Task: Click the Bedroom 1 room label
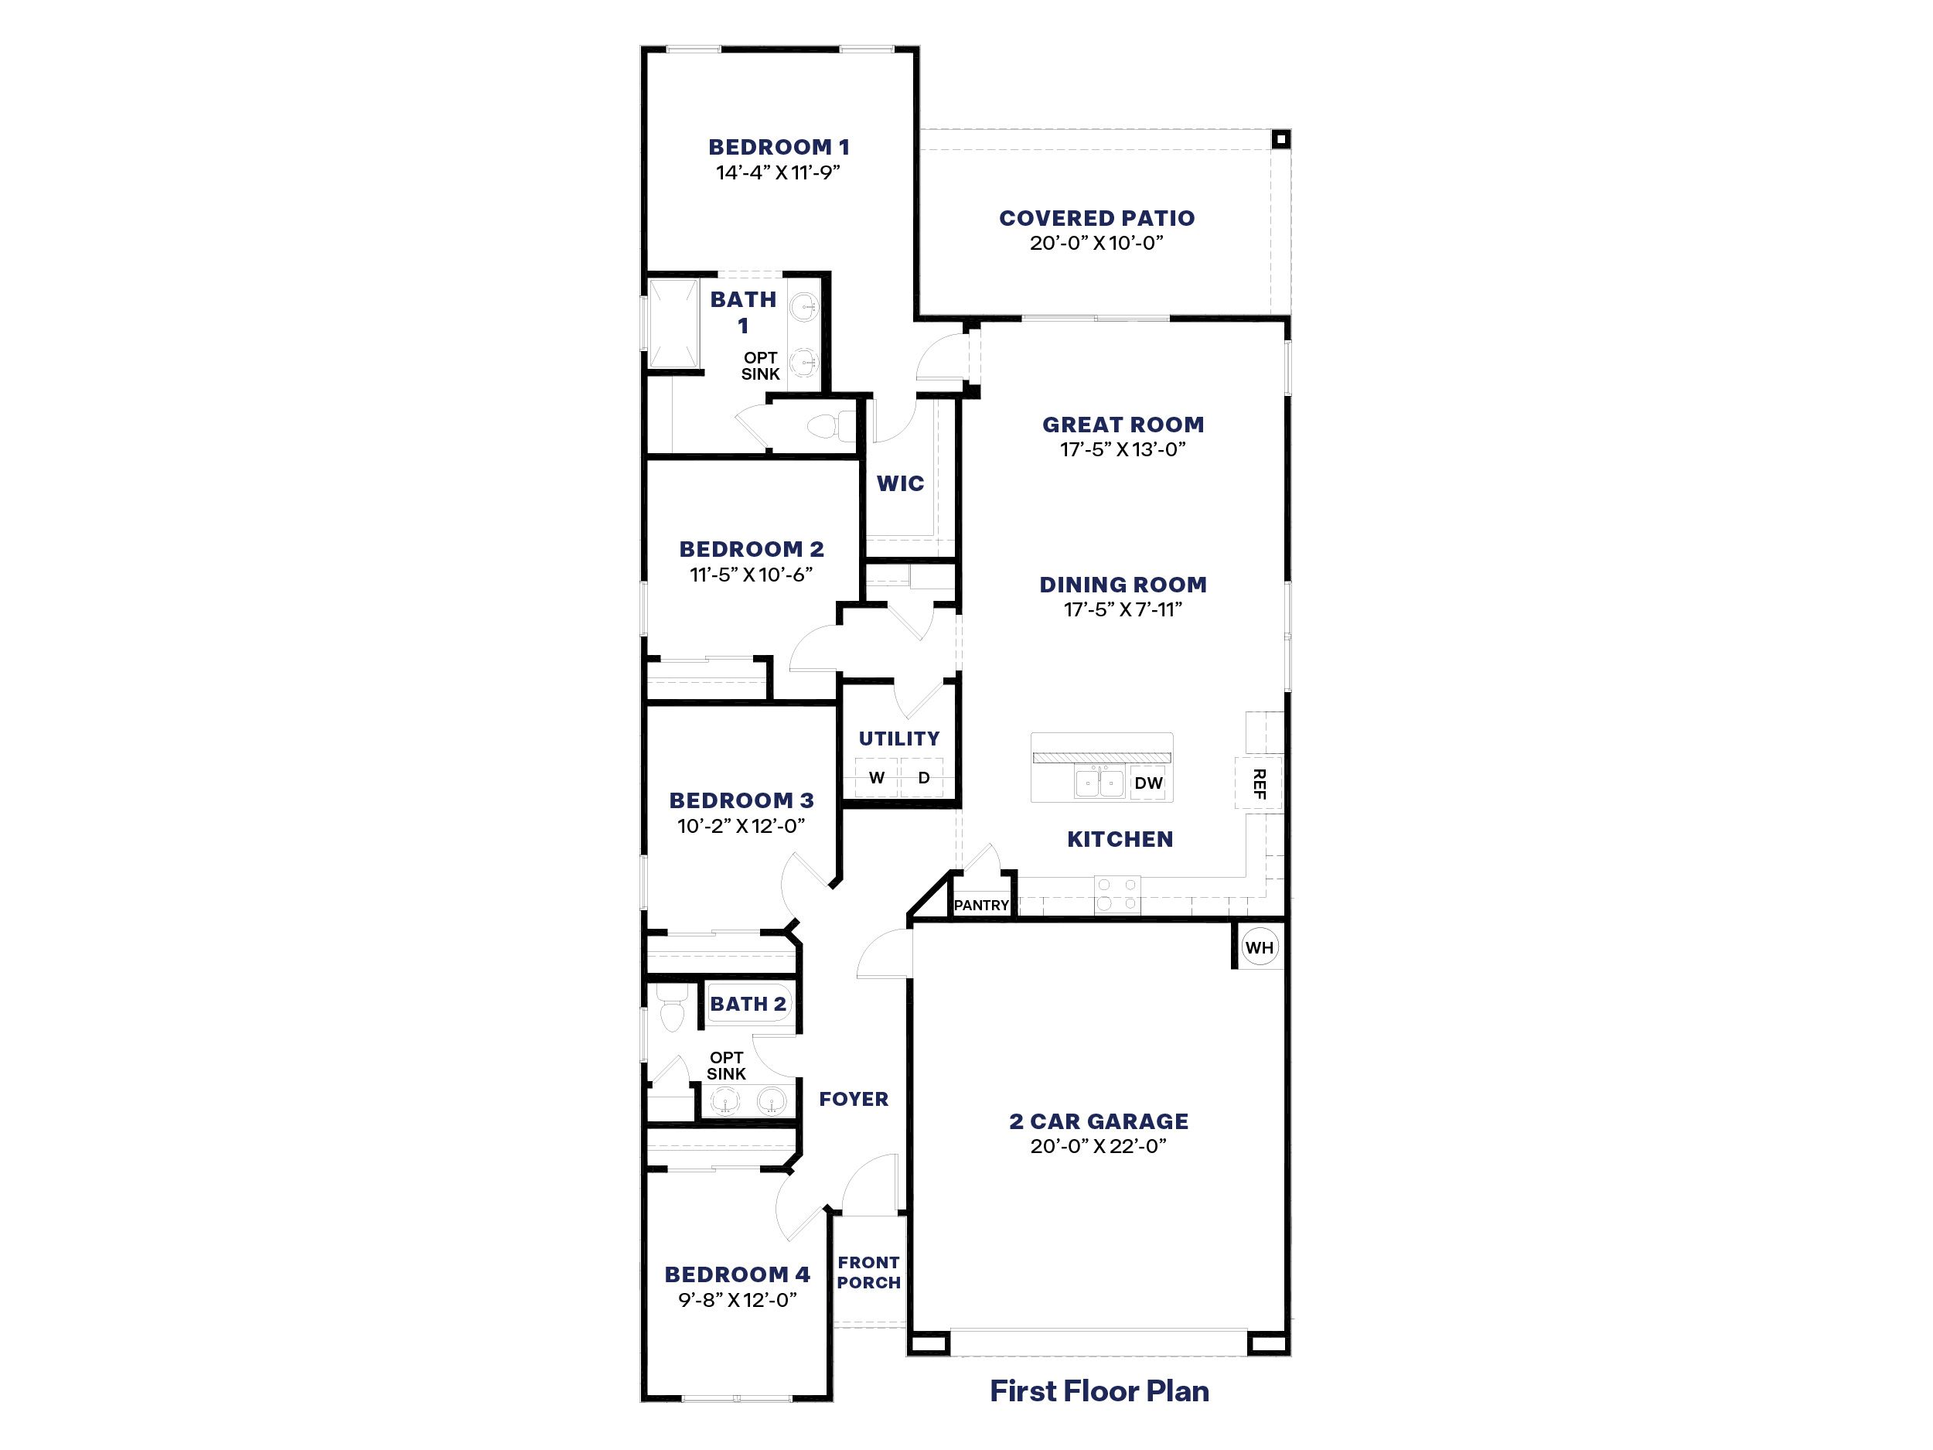(x=779, y=147)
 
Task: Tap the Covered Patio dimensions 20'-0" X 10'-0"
(x=1096, y=243)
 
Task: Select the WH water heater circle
(x=1260, y=947)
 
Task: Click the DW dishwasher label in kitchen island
(x=1148, y=783)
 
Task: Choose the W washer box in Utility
(x=878, y=778)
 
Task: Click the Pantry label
(x=981, y=906)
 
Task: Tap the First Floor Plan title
(x=1099, y=1391)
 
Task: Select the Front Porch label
(x=868, y=1273)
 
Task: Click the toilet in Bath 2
(x=671, y=1011)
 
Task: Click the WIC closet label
(x=900, y=483)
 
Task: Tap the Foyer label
(x=854, y=1100)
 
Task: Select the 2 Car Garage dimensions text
(x=1099, y=1147)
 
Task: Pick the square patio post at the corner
(x=1280, y=139)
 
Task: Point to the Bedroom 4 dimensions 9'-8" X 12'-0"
(x=738, y=1300)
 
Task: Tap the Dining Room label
(x=1123, y=585)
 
